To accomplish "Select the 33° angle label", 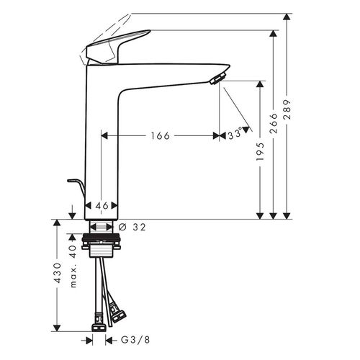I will coord(235,135).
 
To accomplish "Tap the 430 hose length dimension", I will coord(57,274).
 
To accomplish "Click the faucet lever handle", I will coord(119,45).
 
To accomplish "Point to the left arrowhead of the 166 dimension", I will coord(104,135).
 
